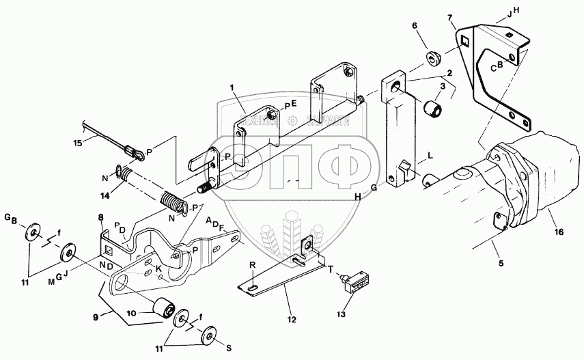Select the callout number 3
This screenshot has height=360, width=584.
coord(442,86)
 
